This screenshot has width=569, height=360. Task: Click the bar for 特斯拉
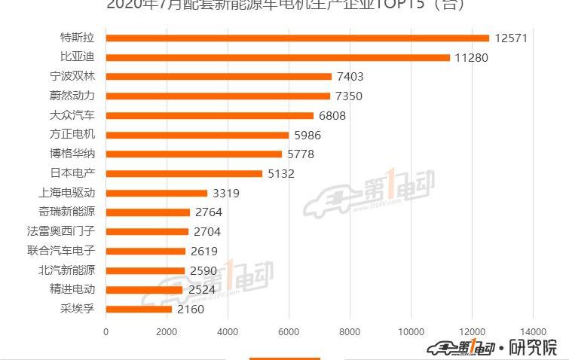pos(298,38)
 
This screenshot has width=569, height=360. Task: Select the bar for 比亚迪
pos(278,57)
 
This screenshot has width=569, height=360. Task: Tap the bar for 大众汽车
pos(210,115)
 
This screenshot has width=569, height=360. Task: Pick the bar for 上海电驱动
pos(157,194)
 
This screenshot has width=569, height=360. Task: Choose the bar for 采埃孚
pos(139,310)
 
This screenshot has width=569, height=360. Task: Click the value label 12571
pos(512,38)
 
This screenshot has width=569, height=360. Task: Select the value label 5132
pos(280,174)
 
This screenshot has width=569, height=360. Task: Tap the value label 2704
pos(206,232)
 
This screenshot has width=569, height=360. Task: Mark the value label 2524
pos(201,290)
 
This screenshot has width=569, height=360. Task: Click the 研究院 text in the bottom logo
pos(533,347)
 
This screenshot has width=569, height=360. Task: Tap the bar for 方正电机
pos(197,135)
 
